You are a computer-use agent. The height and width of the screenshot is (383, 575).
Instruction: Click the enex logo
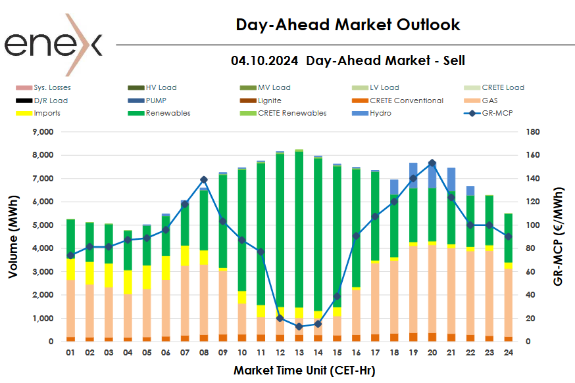(54, 44)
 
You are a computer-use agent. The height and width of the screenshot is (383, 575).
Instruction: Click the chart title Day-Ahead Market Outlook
(348, 25)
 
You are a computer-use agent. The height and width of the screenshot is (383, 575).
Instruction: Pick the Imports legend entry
(47, 113)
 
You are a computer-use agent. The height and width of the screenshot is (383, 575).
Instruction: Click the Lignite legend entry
(269, 101)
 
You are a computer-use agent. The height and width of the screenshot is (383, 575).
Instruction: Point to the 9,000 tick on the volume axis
(39, 132)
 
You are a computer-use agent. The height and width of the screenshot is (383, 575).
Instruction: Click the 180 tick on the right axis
(534, 132)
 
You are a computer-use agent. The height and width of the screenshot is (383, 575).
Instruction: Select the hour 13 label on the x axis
(299, 353)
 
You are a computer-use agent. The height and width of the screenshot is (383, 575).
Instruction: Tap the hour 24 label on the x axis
(508, 353)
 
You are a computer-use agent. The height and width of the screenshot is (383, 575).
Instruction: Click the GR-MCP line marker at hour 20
(432, 163)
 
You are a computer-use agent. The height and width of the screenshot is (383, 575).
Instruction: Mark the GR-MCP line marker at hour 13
(299, 327)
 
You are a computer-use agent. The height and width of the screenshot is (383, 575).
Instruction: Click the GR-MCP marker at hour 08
(203, 179)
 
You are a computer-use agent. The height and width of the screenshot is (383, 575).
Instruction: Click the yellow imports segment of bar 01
(70, 269)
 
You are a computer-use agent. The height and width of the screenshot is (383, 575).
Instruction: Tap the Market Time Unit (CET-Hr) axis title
(304, 371)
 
